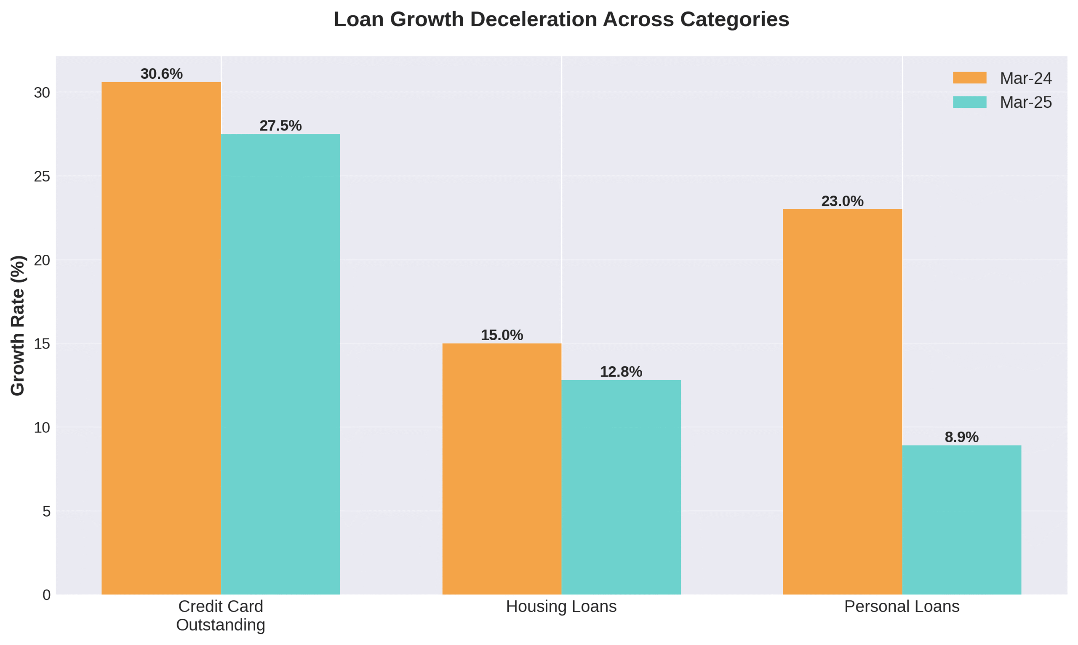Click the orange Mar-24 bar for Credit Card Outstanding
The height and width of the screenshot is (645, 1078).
point(161,338)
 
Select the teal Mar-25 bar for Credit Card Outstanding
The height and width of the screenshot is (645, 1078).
point(280,364)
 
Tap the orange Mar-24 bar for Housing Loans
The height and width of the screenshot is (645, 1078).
point(502,469)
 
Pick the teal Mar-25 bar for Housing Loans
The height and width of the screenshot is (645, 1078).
point(621,487)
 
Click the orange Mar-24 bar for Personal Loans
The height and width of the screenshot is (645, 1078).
point(843,402)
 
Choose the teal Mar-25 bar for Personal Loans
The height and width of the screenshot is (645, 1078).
point(961,520)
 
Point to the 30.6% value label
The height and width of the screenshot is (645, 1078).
point(161,74)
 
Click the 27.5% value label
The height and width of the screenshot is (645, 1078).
point(280,125)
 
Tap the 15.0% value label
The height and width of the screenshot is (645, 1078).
point(502,335)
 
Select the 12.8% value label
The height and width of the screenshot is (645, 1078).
point(621,372)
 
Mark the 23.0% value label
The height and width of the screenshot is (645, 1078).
point(843,201)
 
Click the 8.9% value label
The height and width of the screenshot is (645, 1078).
point(961,437)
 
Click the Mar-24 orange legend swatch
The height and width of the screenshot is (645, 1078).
point(970,78)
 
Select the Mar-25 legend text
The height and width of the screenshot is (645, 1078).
point(1026,103)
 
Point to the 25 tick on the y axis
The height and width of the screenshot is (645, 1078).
point(42,176)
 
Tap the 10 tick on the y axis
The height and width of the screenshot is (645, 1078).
point(42,428)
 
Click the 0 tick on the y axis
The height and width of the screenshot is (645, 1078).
point(46,595)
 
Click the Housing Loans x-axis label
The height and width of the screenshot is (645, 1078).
point(561,607)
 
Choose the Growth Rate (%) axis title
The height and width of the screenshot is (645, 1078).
point(18,325)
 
